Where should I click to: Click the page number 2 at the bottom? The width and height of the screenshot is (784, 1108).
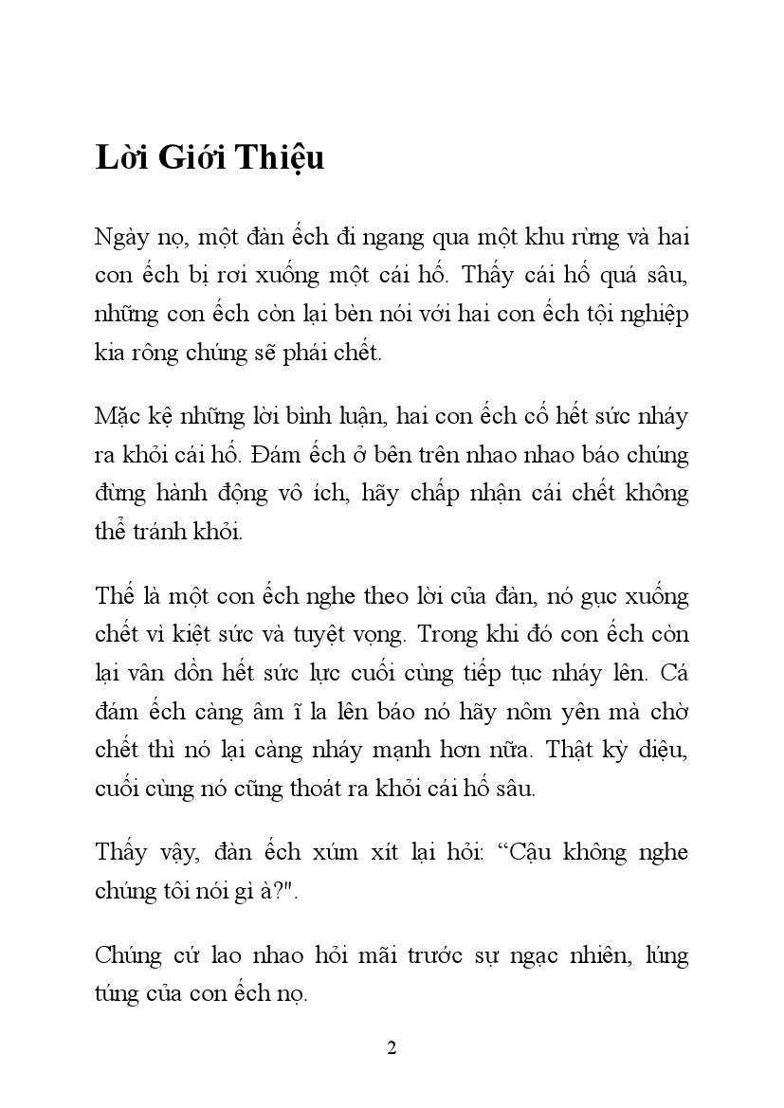tap(392, 1047)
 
